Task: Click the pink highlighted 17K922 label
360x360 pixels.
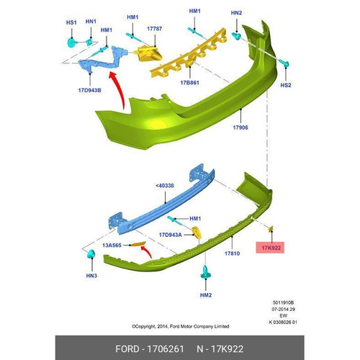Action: click(270, 248)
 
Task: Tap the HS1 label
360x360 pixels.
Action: click(71, 22)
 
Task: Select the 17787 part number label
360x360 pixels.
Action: click(154, 29)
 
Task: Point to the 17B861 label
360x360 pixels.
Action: click(189, 83)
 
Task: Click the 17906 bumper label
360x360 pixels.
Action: click(240, 127)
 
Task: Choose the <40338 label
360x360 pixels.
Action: click(165, 186)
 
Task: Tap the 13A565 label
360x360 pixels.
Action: click(112, 246)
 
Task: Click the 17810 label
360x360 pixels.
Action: click(232, 253)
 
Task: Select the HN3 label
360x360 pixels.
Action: click(91, 276)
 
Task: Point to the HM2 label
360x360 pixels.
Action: click(206, 295)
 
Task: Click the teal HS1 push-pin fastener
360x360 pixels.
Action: click(72, 42)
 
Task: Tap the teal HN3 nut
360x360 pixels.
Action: click(91, 254)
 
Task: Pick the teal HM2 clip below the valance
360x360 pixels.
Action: click(206, 272)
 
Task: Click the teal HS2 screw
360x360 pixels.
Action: click(284, 63)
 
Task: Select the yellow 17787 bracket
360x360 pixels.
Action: click(148, 53)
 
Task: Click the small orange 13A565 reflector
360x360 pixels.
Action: click(138, 244)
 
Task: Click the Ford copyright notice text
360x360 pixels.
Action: click(180, 326)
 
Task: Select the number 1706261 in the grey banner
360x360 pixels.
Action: click(166, 348)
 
